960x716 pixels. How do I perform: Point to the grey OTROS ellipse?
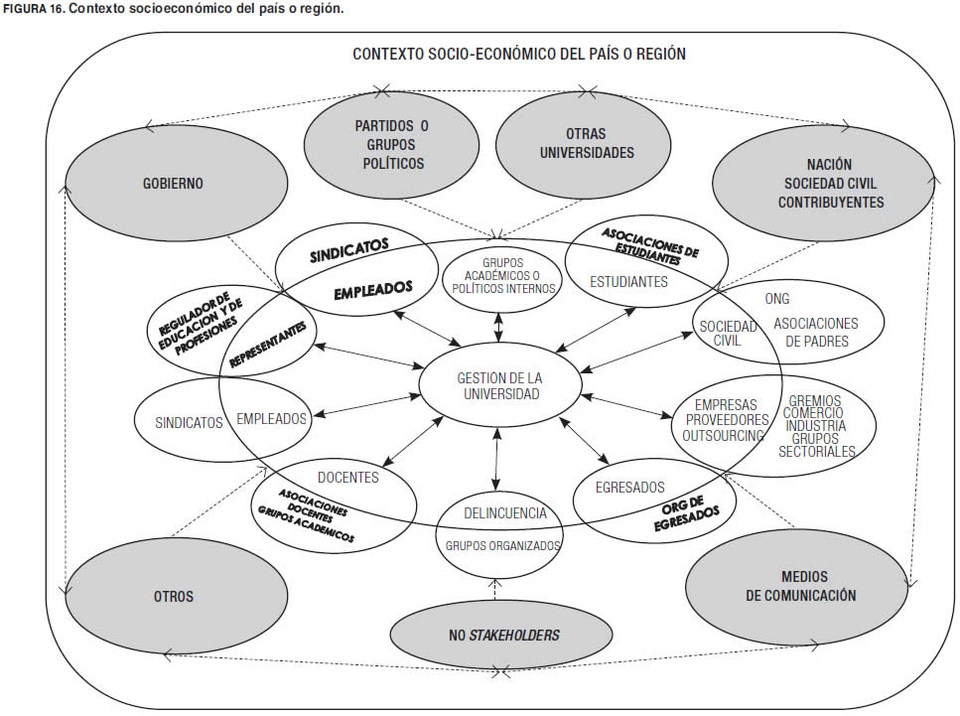pyautogui.click(x=173, y=597)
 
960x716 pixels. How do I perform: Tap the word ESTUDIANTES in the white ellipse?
pyautogui.click(x=628, y=281)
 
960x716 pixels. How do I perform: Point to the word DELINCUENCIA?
pyautogui.click(x=505, y=513)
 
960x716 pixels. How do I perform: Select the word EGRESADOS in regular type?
pyautogui.click(x=629, y=488)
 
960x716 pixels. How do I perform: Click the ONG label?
pyautogui.click(x=777, y=298)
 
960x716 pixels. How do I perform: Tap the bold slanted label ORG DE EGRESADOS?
pyautogui.click(x=692, y=516)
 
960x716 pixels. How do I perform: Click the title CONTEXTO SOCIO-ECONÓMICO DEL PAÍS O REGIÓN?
pyautogui.click(x=518, y=54)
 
